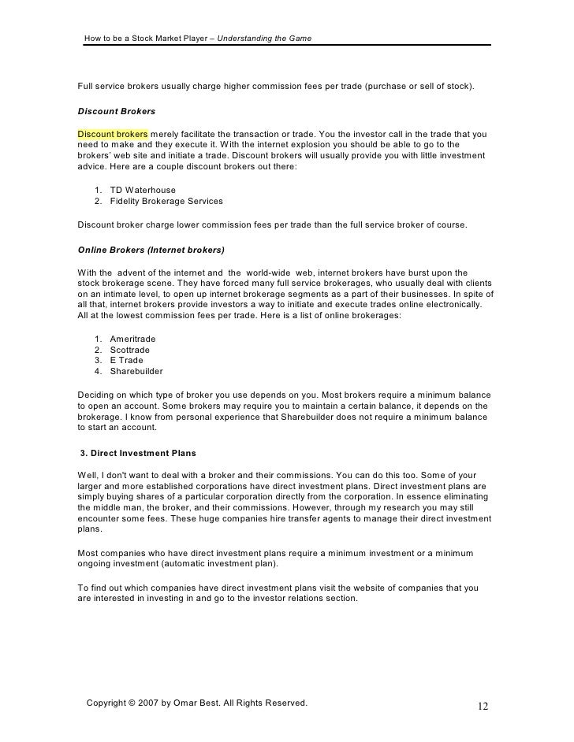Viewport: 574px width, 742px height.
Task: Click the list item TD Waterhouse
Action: (143, 191)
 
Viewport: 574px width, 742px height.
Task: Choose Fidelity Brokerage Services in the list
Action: (166, 202)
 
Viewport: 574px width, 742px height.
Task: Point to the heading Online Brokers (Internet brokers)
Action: (151, 250)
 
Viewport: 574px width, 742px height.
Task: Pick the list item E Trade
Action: (127, 361)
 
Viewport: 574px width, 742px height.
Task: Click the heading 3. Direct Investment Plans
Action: (139, 454)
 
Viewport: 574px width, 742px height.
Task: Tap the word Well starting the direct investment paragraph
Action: (88, 476)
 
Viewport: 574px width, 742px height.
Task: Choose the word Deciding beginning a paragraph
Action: (96, 394)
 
